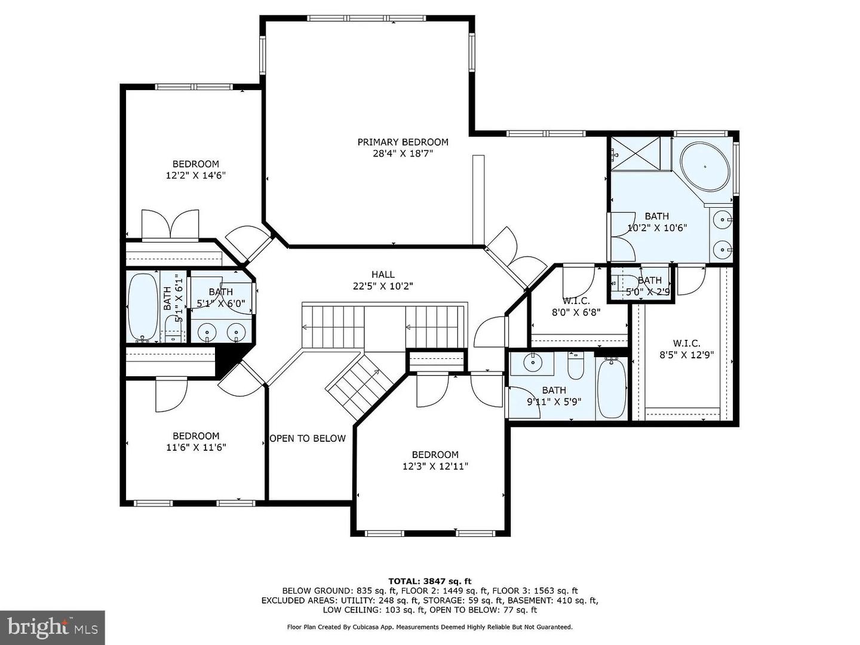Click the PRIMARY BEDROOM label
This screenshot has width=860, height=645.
(x=403, y=142)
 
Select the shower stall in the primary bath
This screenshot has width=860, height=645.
(x=635, y=154)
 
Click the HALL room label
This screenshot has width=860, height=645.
(x=383, y=275)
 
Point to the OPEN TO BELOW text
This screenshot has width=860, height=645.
(x=308, y=438)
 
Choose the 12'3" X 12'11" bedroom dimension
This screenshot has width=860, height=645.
(x=435, y=466)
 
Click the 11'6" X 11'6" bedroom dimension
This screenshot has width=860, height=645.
(x=196, y=447)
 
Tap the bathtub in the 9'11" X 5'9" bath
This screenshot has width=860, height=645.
(x=612, y=388)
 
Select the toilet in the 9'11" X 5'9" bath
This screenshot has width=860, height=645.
(x=575, y=367)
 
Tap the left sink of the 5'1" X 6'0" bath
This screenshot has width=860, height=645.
(x=207, y=331)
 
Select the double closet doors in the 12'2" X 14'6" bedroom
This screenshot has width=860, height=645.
(x=170, y=225)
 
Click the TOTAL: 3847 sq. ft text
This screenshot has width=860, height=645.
(x=429, y=580)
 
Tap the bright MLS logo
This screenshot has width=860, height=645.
(x=53, y=627)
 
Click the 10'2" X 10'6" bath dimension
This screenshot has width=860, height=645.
(x=657, y=228)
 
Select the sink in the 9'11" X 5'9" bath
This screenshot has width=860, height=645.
(x=532, y=362)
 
